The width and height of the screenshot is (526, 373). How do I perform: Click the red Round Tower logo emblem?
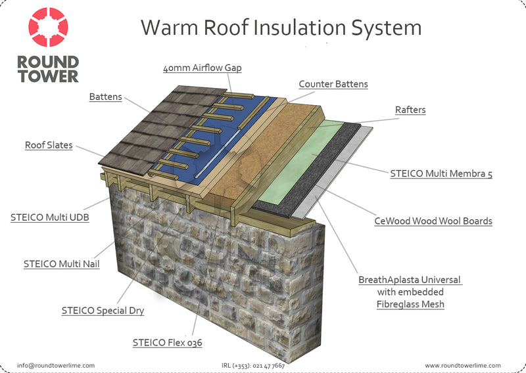point(48,27)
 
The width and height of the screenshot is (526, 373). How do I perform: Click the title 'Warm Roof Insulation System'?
point(281,28)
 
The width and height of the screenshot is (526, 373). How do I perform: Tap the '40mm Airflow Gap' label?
point(203,68)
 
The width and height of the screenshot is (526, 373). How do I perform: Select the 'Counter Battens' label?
point(333,84)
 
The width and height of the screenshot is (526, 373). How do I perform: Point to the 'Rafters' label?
point(410,110)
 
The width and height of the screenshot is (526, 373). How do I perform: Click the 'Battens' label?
point(105,97)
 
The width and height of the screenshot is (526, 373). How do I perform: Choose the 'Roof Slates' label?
point(49,145)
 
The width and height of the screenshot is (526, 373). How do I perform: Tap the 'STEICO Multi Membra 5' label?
point(441,173)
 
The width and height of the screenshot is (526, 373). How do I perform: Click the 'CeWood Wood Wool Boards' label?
point(433,221)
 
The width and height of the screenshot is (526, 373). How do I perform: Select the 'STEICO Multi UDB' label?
point(50,217)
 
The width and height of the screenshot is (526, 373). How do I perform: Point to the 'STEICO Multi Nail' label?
point(61,264)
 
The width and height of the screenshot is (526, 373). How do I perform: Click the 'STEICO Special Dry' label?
point(103,311)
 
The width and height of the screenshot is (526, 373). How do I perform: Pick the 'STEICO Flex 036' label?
point(168,343)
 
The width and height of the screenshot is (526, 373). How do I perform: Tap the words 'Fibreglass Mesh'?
point(410,304)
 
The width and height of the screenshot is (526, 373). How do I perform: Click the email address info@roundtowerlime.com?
point(56,366)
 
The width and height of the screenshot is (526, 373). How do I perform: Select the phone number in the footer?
point(253,366)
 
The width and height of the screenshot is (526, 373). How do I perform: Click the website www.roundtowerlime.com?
point(463,366)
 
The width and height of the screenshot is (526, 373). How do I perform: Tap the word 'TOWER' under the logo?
point(48,76)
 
